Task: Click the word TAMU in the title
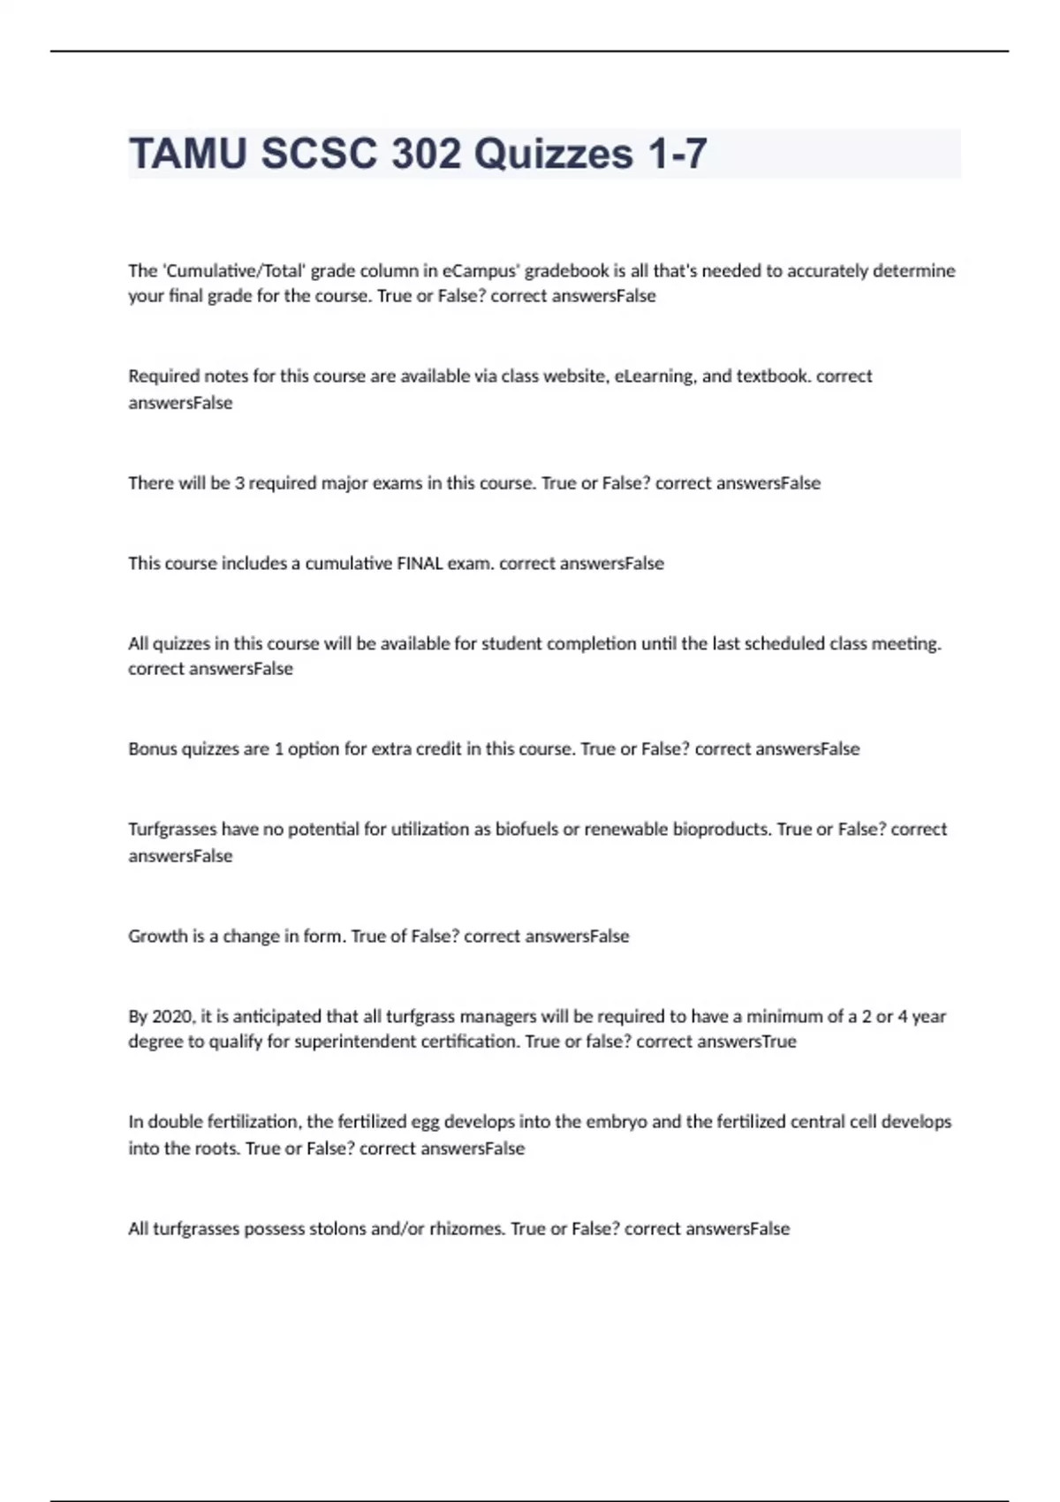point(188,154)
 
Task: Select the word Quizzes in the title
point(554,154)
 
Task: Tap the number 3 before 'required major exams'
point(239,483)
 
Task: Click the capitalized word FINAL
point(420,564)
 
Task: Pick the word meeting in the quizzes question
point(906,643)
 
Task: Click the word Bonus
point(152,749)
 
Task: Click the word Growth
point(157,937)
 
